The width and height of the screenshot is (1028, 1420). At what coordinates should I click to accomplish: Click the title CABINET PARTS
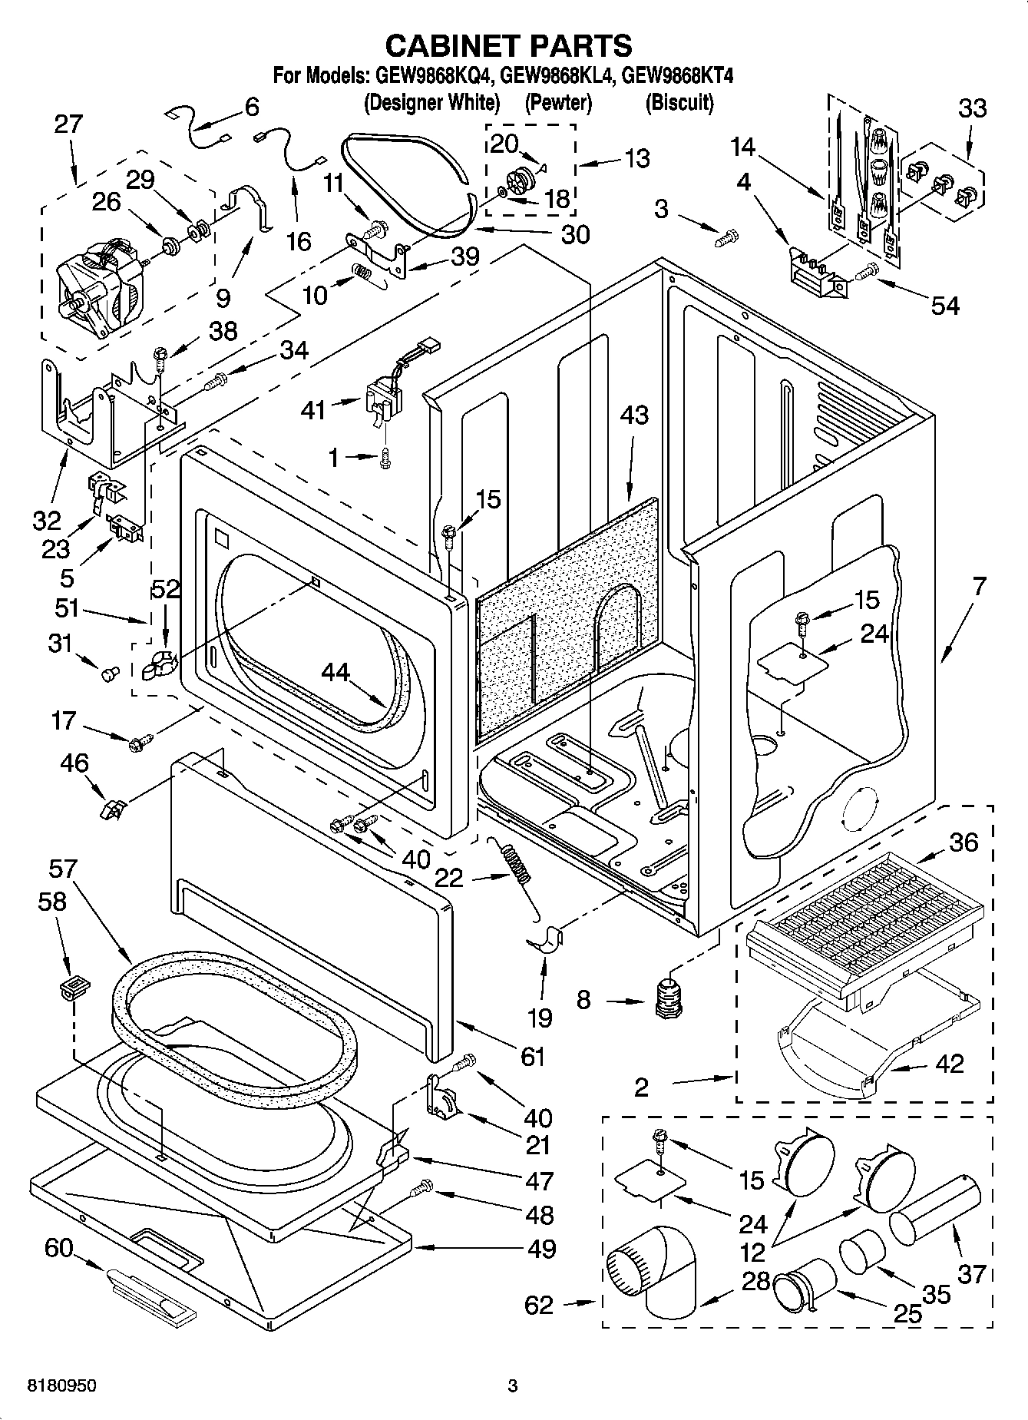[x=508, y=46]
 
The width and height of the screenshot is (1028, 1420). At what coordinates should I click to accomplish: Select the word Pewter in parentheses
[x=558, y=102]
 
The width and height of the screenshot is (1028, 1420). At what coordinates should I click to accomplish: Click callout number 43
[x=634, y=415]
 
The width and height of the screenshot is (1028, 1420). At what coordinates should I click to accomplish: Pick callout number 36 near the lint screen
[x=964, y=842]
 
